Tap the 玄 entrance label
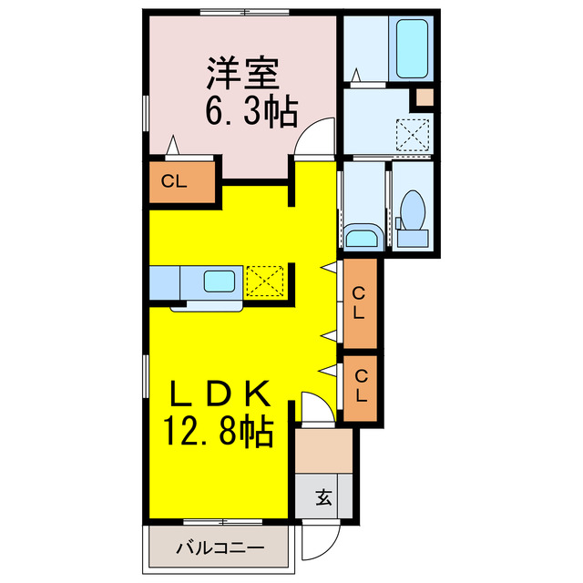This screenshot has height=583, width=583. click(323, 497)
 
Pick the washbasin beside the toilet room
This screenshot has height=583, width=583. click(362, 239)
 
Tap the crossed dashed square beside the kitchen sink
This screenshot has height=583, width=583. click(266, 281)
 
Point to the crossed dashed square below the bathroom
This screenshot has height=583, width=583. click(414, 134)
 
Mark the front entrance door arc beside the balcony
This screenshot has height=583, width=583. click(317, 545)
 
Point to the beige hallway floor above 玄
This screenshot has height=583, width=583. click(323, 450)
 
